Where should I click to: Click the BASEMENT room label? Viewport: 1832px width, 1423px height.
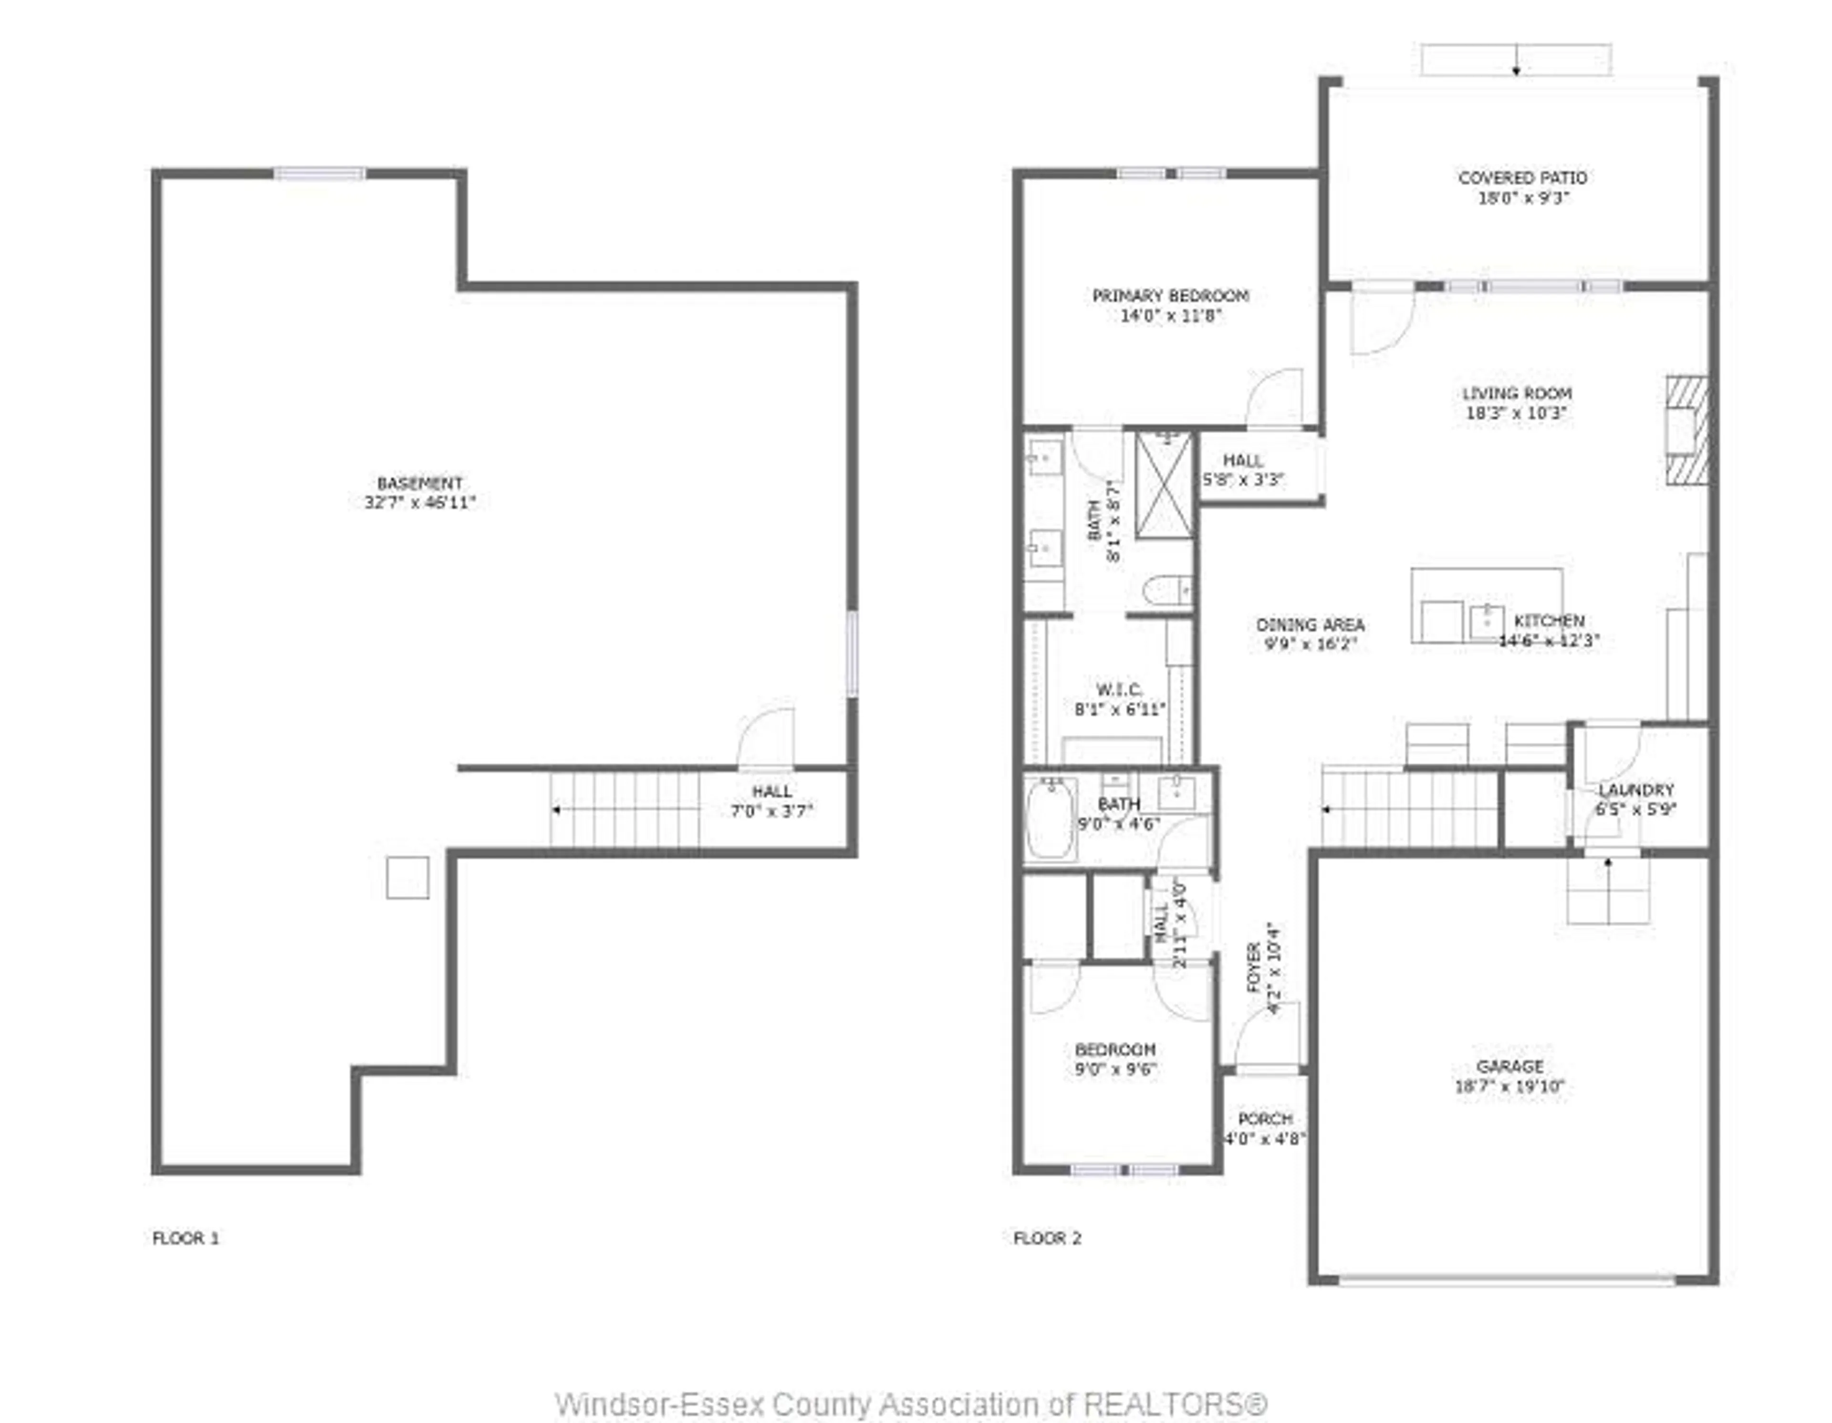pyautogui.click(x=419, y=484)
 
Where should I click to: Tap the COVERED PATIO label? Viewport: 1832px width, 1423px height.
pyautogui.click(x=1522, y=178)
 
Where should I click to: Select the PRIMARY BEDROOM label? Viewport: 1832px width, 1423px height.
pyautogui.click(x=1170, y=296)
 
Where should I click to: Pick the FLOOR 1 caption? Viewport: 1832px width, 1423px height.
pyautogui.click(x=186, y=1238)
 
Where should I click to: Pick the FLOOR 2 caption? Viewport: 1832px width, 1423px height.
pyautogui.click(x=1047, y=1238)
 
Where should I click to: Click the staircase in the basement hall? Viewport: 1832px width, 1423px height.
pyautogui.click(x=625, y=809)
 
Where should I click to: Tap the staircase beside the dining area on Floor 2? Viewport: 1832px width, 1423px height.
pyautogui.click(x=1409, y=809)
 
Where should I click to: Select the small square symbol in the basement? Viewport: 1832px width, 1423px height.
pyautogui.click(x=408, y=877)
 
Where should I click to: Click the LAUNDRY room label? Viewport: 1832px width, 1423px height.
pyautogui.click(x=1636, y=790)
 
